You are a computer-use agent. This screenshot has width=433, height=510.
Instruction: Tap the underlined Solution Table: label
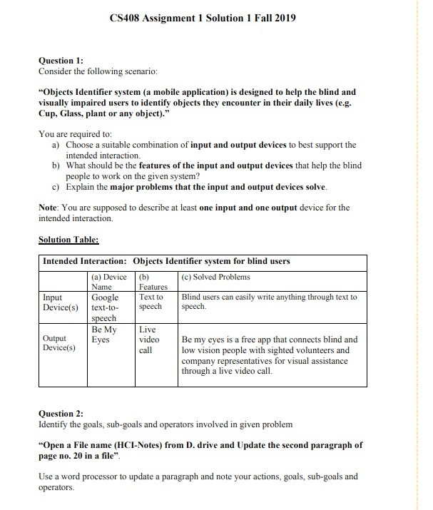pyautogui.click(x=68, y=240)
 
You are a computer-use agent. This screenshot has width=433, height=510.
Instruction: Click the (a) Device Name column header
pyautogui.click(x=108, y=281)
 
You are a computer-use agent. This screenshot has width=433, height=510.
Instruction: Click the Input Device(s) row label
pyautogui.click(x=61, y=302)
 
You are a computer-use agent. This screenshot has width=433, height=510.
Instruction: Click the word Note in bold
pyautogui.click(x=49, y=208)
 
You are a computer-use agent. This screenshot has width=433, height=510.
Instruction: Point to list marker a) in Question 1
pyautogui.click(x=56, y=145)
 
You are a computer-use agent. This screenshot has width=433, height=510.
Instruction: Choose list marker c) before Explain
pyautogui.click(x=56, y=187)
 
